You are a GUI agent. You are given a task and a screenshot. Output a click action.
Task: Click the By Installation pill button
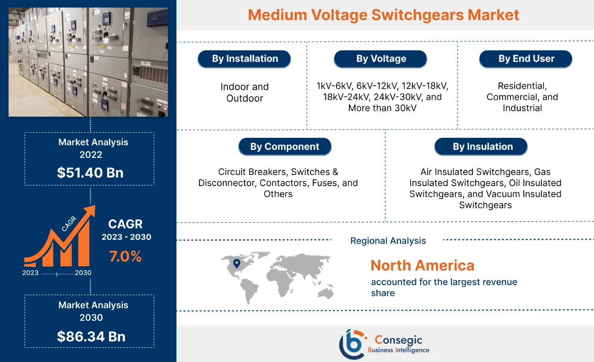(x=245, y=59)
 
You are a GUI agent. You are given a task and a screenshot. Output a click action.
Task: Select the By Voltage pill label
(x=381, y=59)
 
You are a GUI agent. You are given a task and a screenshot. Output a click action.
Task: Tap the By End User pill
(x=526, y=59)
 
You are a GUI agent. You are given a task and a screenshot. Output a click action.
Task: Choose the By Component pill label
(x=285, y=147)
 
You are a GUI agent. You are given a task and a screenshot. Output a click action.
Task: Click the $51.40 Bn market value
(x=90, y=172)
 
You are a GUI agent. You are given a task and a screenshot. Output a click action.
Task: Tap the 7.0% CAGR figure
(x=125, y=256)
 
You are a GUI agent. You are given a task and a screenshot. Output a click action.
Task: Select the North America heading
(x=422, y=265)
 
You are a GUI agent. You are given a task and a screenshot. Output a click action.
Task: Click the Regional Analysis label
(x=388, y=240)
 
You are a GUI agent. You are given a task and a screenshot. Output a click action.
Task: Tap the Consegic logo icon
(x=351, y=343)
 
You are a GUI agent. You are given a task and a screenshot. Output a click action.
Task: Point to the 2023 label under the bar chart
(x=31, y=273)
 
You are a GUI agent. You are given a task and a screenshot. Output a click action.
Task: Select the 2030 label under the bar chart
(x=83, y=273)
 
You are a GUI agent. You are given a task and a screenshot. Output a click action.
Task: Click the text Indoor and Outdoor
(x=245, y=92)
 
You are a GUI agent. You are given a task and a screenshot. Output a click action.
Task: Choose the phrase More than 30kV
(x=382, y=108)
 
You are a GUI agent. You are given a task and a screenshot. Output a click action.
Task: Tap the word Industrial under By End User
(x=522, y=108)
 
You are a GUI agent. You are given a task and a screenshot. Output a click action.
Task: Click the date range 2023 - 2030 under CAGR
(x=126, y=237)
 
